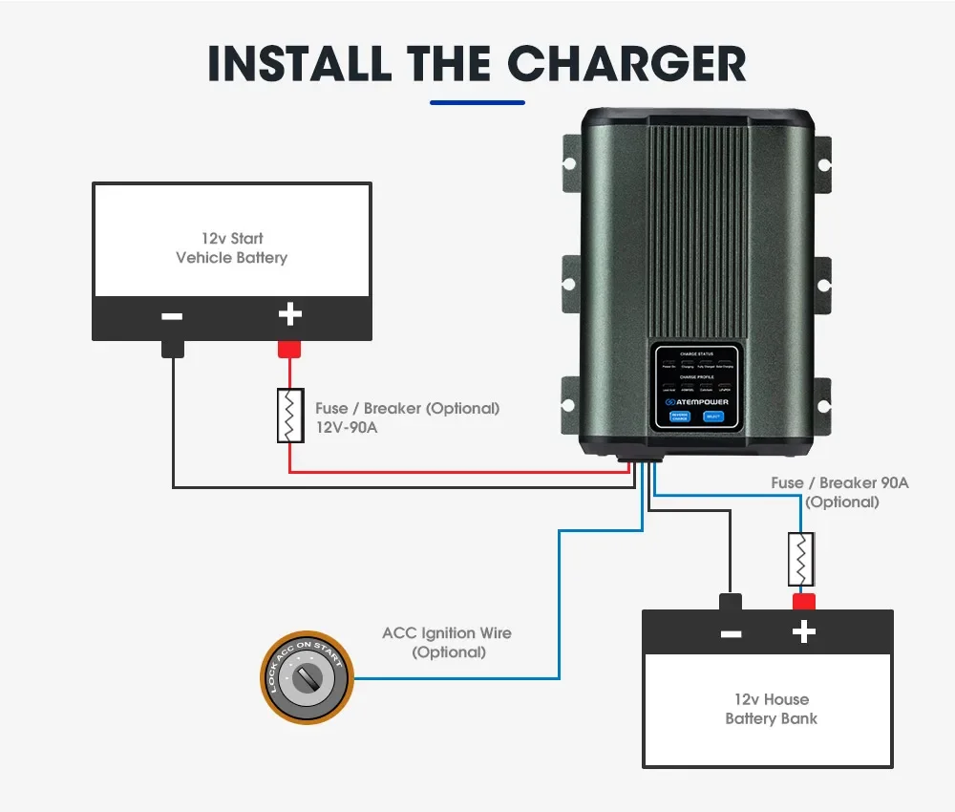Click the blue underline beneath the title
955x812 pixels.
coord(477,101)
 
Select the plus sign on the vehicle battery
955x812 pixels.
coord(289,314)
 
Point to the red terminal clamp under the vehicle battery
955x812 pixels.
coord(289,350)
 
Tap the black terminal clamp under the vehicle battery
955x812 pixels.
coord(173,349)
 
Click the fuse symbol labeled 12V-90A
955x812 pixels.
coord(290,416)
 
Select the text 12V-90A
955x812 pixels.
coord(347,427)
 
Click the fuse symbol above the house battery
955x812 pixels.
coord(800,560)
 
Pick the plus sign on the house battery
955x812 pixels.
coord(804,631)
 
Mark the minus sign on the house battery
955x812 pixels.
coord(731,633)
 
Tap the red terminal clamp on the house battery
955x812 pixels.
coord(803,601)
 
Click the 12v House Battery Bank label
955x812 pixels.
coord(771,709)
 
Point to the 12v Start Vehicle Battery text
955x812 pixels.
coord(232,247)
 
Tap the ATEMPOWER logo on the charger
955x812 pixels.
coord(696,402)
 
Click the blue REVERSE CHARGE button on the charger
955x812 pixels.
coord(678,417)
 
